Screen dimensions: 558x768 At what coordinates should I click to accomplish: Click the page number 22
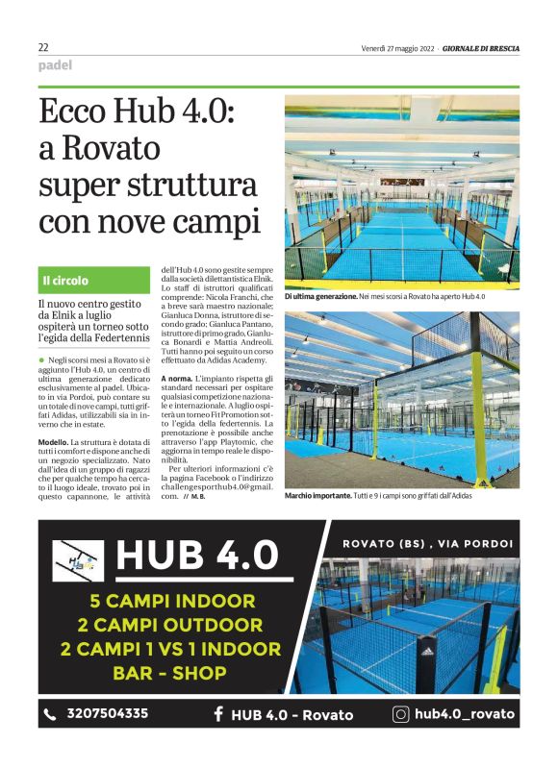[x=43, y=47]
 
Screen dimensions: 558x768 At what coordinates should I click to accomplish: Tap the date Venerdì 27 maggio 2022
[x=398, y=48]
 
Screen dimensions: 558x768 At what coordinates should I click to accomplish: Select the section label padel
[x=55, y=65]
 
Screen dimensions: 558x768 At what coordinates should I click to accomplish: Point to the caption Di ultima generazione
[x=320, y=298]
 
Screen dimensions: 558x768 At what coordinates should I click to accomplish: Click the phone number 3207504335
[x=107, y=713]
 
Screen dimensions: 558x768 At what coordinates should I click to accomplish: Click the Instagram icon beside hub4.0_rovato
[x=401, y=713]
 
